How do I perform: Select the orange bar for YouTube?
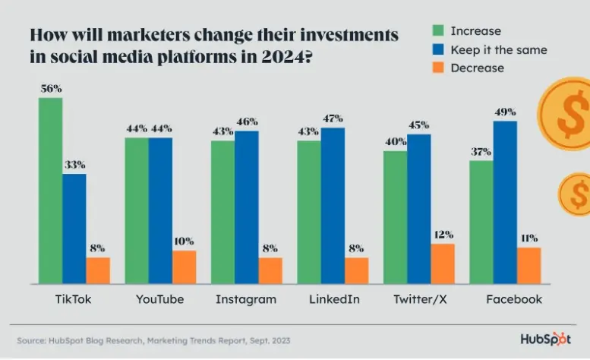pos(184,267)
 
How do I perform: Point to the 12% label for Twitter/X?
pos(443,235)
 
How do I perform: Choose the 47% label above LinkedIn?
pos(333,118)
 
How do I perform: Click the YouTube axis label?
pos(159,299)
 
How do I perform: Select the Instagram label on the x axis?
pos(245,299)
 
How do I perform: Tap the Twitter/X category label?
pos(418,299)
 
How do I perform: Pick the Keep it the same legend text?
pos(498,49)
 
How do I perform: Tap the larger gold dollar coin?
pos(566,114)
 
